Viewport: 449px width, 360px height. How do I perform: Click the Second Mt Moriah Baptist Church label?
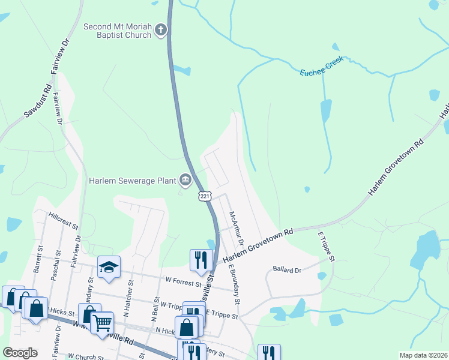coord(118,31)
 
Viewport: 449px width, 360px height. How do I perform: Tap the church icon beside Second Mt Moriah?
coord(160,29)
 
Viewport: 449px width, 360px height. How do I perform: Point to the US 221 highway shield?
coord(205,196)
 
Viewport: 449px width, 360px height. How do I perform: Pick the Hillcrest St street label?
coord(64,220)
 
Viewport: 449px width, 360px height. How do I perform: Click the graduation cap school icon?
coord(109,267)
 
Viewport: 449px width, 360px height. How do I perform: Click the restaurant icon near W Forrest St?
coord(200,260)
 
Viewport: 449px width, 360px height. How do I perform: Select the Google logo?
coord(20,353)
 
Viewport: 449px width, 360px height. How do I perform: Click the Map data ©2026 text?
coord(423,355)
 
